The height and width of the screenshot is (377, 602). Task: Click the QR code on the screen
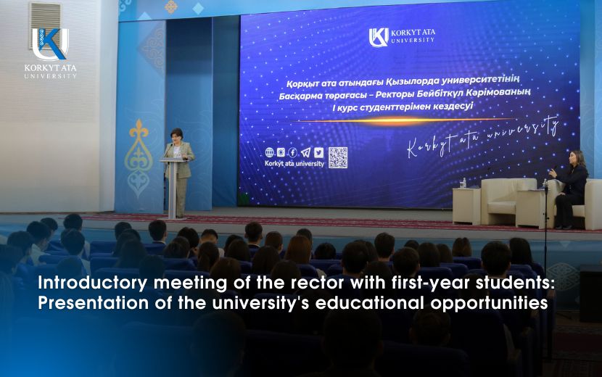[x=337, y=158]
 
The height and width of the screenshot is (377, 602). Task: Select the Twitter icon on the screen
[x=318, y=152]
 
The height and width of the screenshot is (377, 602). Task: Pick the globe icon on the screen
[x=270, y=152]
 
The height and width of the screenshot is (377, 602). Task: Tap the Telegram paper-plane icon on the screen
[x=306, y=152]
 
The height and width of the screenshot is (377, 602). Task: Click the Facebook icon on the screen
[x=294, y=152]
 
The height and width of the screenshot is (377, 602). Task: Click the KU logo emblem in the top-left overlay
[x=49, y=43]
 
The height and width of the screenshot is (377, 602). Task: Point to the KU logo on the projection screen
[x=379, y=37]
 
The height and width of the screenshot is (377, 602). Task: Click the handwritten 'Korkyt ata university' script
[x=482, y=138]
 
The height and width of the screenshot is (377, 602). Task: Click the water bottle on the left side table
[x=464, y=183]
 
